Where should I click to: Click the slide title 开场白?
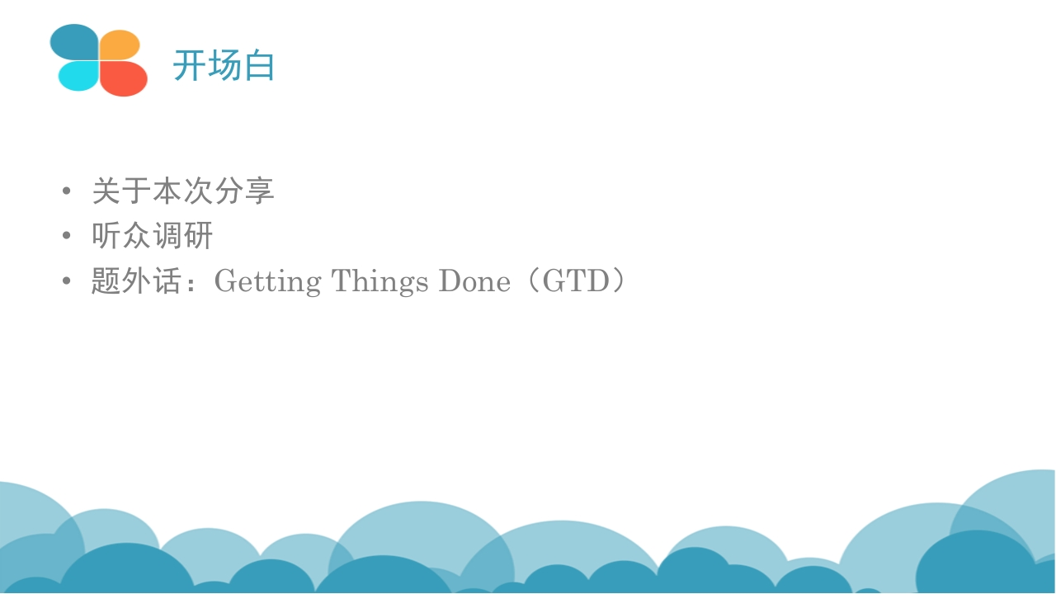tap(224, 65)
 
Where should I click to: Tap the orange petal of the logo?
tap(120, 45)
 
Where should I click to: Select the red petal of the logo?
tap(123, 78)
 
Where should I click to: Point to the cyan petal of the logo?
tap(78, 76)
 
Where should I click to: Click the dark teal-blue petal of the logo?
tap(74, 42)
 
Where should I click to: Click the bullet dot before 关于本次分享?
tap(67, 191)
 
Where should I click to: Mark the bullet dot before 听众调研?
tap(67, 235)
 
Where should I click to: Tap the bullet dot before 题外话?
tap(67, 280)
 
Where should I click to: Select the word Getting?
tap(268, 282)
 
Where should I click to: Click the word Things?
tap(380, 282)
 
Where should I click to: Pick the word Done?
tap(474, 281)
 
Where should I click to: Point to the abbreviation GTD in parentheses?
tap(576, 281)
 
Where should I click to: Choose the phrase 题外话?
tap(136, 281)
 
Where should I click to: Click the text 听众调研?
tap(153, 235)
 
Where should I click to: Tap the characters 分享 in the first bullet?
tap(244, 191)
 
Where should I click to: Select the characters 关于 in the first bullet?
tap(121, 191)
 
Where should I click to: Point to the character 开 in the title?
tap(189, 65)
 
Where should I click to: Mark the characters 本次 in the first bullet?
tap(183, 191)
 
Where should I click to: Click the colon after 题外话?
tap(191, 282)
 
